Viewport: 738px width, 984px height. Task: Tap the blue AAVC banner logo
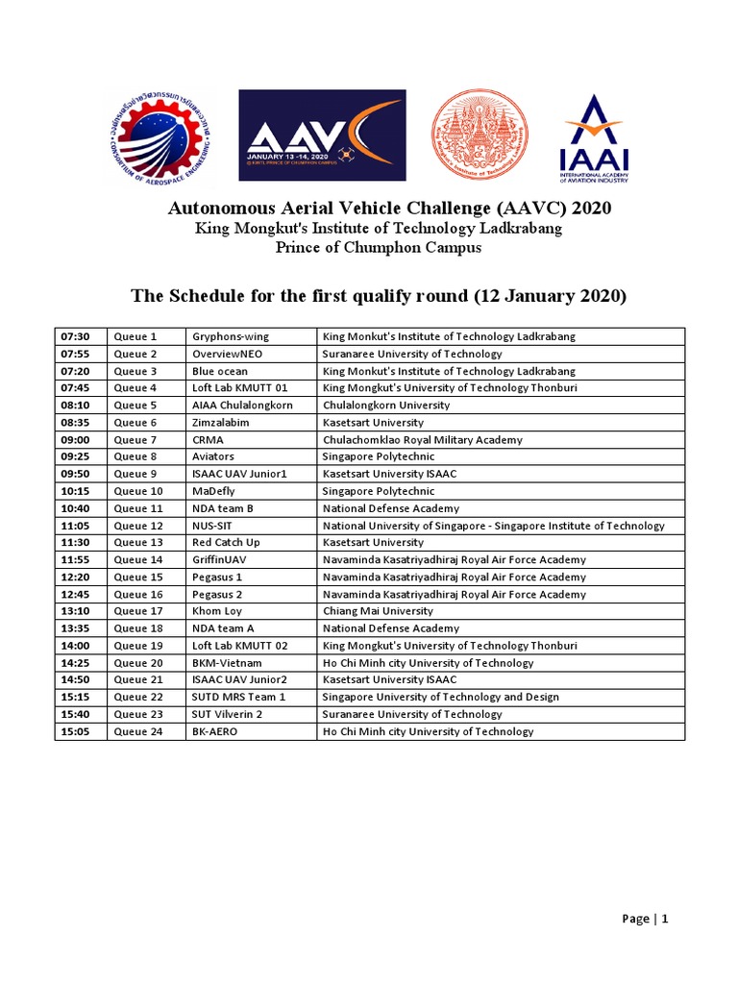point(322,135)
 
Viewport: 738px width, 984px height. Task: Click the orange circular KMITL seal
point(480,135)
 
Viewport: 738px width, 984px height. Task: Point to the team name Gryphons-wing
point(231,336)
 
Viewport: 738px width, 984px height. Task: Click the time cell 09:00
point(75,439)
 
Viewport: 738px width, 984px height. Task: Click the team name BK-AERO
point(214,731)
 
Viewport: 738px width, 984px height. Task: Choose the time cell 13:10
point(75,611)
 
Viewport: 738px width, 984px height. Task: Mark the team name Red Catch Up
point(226,543)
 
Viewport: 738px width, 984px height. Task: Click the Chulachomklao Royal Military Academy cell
point(423,439)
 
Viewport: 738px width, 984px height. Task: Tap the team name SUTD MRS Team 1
point(239,697)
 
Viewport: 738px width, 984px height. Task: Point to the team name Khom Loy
point(217,611)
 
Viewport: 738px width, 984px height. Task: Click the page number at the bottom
point(645,919)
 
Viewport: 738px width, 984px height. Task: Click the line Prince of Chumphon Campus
point(379,247)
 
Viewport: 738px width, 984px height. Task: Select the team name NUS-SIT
point(212,526)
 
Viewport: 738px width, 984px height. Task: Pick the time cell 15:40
point(75,714)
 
